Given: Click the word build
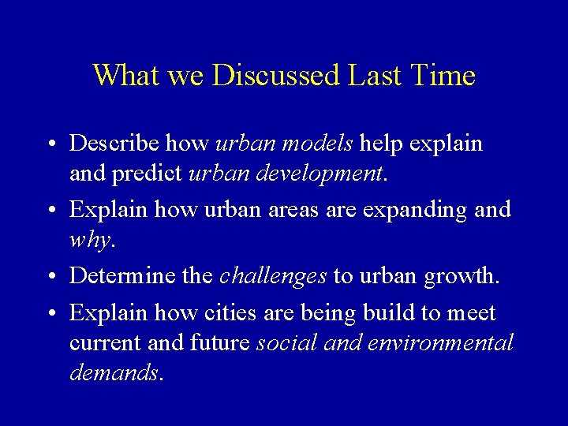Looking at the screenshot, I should [x=381, y=313].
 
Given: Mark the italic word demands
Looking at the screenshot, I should [x=115, y=372].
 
